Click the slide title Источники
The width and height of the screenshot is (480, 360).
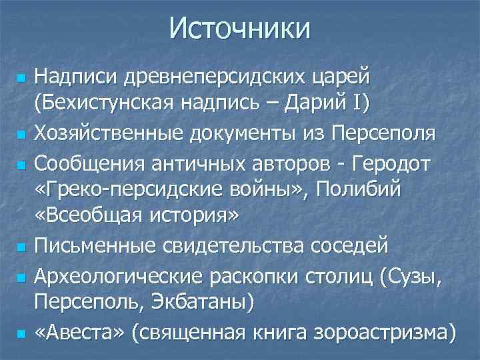click(x=240, y=29)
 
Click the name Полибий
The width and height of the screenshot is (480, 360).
click(x=360, y=190)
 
